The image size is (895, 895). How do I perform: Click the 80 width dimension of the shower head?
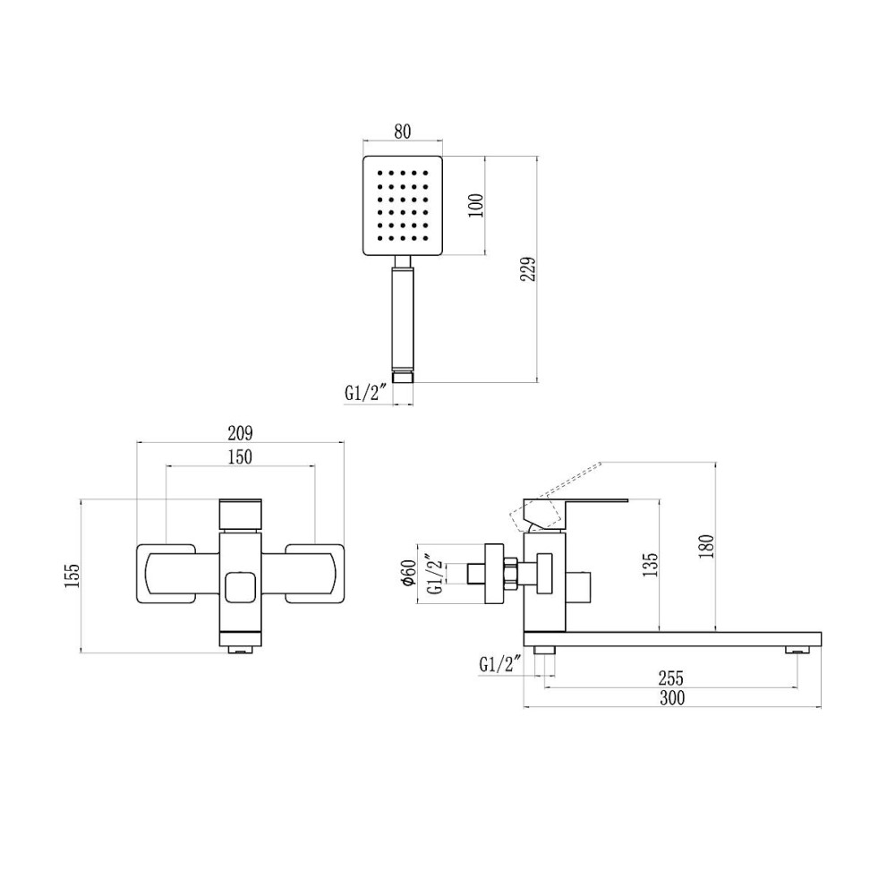(x=403, y=131)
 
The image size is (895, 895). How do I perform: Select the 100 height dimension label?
(x=475, y=206)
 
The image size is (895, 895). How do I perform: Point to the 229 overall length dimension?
(x=528, y=268)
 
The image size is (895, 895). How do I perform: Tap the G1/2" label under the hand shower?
(x=366, y=393)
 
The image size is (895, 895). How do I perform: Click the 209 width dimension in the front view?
(x=240, y=433)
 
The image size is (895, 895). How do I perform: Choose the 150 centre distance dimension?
(x=240, y=457)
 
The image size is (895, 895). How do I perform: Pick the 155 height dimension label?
(x=72, y=575)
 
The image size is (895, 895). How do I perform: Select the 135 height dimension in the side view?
(x=650, y=565)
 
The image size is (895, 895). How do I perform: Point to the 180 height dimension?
(x=706, y=546)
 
